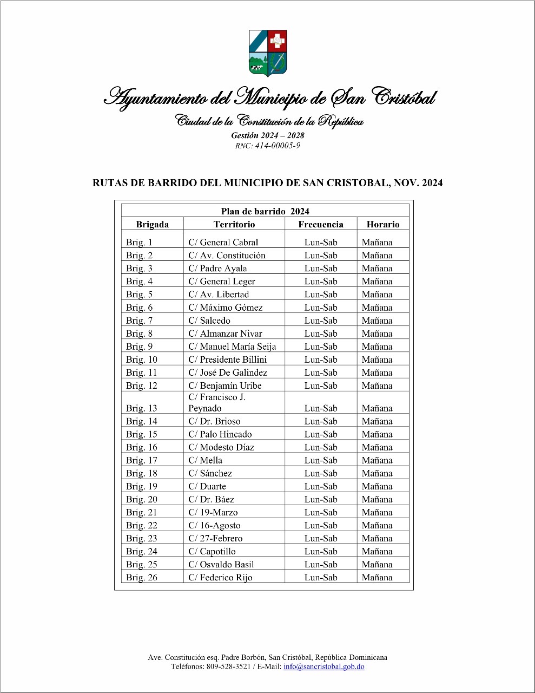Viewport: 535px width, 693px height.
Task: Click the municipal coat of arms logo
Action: (268, 53)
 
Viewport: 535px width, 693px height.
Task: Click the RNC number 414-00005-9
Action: (267, 146)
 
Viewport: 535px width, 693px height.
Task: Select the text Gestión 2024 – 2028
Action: (268, 135)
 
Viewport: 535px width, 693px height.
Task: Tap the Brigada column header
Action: (152, 224)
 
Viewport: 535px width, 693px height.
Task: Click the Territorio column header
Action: (234, 224)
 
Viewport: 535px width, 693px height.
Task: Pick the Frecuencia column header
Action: (321, 224)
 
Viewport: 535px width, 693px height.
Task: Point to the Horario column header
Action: (382, 224)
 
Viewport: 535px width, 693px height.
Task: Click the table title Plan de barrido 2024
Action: (265, 211)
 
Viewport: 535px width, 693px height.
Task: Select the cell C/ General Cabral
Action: (223, 243)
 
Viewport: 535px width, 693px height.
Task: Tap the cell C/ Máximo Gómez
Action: (225, 308)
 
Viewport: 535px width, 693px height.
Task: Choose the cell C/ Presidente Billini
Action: (227, 359)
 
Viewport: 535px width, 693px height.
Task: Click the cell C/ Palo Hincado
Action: (220, 434)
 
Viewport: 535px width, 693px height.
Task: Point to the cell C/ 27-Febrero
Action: (215, 538)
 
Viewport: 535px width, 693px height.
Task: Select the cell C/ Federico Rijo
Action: (220, 577)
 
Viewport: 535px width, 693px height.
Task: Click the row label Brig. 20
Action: (142, 499)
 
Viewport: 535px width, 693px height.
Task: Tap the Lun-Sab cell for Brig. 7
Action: (321, 321)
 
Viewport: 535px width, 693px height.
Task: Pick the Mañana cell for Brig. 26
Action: (377, 577)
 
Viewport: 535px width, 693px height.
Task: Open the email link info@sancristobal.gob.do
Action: (323, 666)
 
